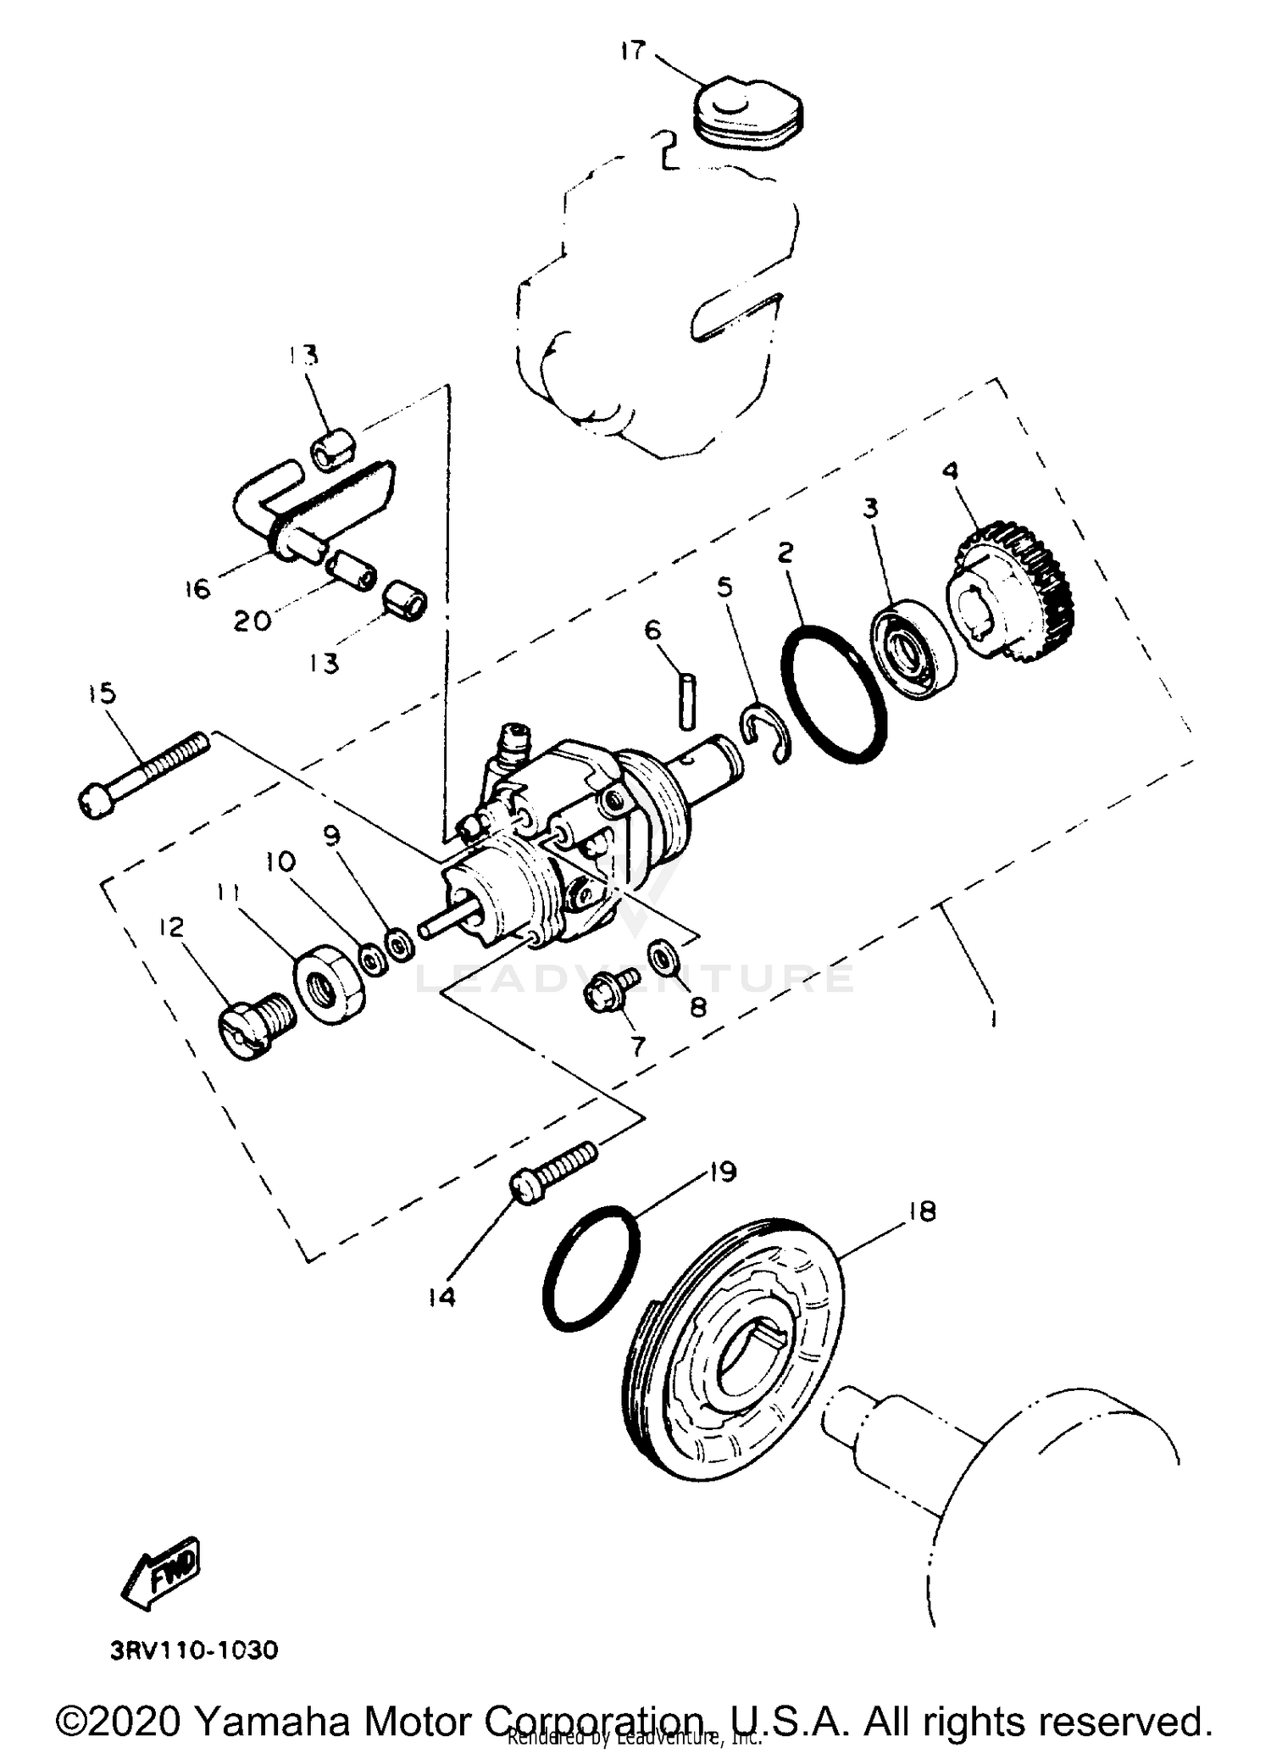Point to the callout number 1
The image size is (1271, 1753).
[x=992, y=1016]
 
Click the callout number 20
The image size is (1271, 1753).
[x=253, y=621]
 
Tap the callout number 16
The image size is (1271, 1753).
[x=197, y=587]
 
